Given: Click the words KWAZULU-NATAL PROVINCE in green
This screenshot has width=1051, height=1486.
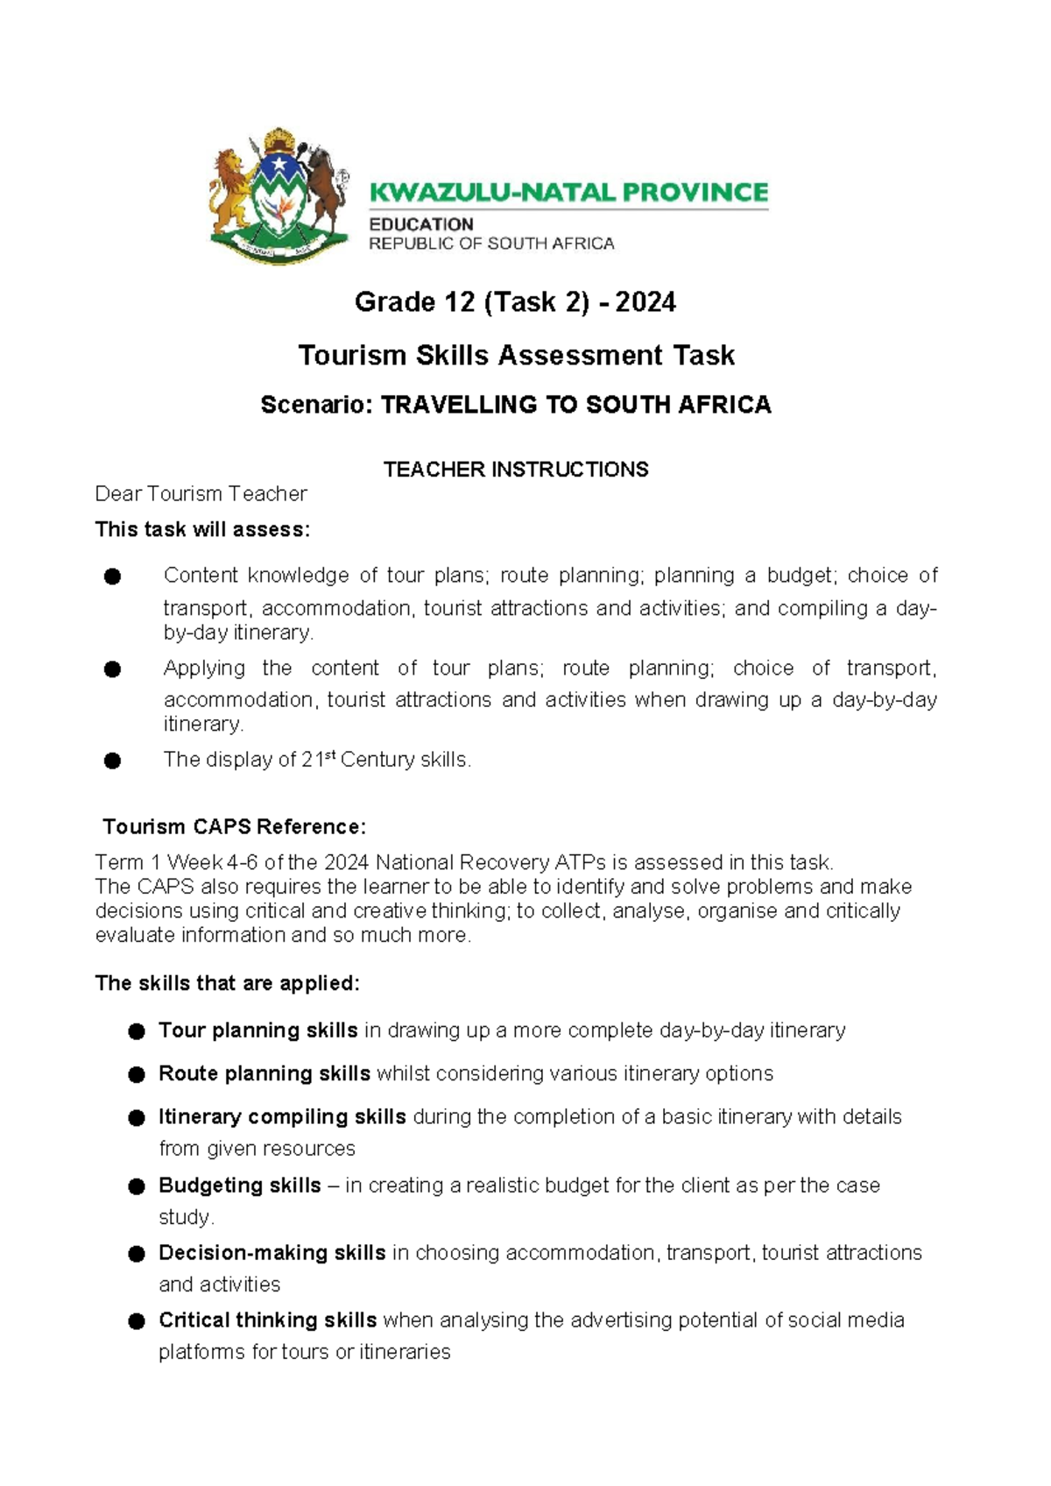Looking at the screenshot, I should click(568, 192).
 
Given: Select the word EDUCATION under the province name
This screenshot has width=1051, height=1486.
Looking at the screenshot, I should click(420, 224).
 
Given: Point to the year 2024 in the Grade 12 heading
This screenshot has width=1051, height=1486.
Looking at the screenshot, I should click(645, 302).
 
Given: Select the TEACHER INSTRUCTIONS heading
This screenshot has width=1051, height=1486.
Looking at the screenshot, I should click(516, 470).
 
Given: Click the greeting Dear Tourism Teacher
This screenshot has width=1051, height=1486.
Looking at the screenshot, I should click(201, 494).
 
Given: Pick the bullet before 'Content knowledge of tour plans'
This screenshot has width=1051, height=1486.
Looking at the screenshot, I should click(112, 577).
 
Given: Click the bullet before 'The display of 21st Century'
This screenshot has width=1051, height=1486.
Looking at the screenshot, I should click(112, 761).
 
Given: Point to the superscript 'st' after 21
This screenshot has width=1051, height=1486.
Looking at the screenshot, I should click(330, 754).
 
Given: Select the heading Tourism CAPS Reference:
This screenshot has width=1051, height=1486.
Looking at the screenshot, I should click(234, 827).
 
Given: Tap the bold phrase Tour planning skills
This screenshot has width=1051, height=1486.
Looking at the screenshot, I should click(257, 1030).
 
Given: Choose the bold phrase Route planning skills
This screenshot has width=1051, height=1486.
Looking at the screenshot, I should click(264, 1074).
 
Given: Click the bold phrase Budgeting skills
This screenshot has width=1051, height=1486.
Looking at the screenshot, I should click(239, 1185).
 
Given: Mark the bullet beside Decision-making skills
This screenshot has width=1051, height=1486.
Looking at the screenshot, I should click(136, 1254).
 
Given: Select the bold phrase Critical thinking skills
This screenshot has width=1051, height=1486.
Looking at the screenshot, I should click(267, 1320).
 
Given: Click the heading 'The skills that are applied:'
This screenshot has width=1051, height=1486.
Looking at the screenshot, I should click(227, 983).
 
